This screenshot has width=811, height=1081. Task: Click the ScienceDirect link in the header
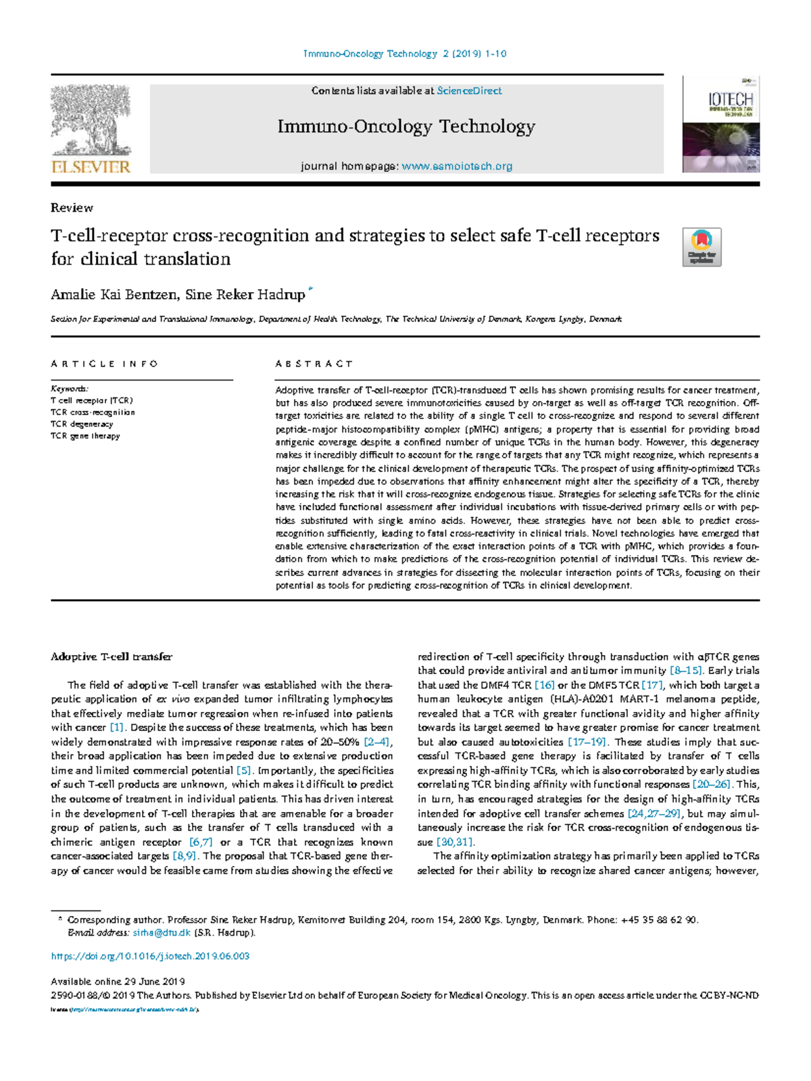tap(469, 91)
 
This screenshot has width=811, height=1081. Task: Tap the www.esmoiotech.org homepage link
tap(457, 166)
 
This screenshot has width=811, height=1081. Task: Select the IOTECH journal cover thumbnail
tap(720, 124)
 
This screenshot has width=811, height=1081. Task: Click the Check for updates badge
tap(702, 247)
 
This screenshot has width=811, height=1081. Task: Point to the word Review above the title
tap(72, 208)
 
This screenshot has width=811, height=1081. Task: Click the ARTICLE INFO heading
tap(104, 364)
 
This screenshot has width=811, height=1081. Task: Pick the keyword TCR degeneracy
tap(82, 424)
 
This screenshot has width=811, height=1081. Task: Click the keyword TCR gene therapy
tap(85, 436)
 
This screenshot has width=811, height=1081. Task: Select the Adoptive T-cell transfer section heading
tap(112, 656)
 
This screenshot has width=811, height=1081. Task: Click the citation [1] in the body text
tap(118, 727)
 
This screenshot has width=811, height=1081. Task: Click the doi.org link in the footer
tap(150, 956)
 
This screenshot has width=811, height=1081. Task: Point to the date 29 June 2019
tap(155, 981)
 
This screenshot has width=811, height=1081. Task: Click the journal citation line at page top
tap(404, 53)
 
